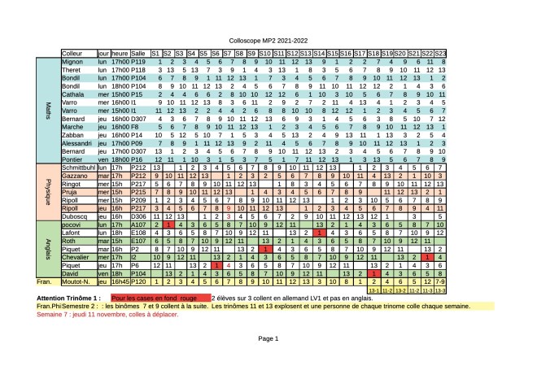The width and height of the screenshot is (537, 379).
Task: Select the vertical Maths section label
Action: [48, 110]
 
